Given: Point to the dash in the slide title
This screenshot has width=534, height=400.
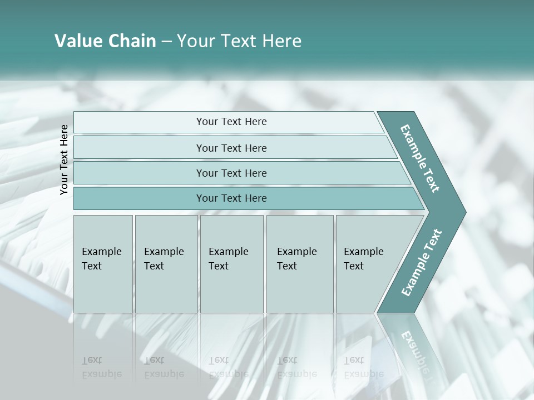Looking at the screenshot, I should [166, 42].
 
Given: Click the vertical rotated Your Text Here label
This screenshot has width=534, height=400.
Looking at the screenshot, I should [64, 159].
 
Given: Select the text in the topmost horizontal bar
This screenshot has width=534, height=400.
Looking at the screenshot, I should [231, 122].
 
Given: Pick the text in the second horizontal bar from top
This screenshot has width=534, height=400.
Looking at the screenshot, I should [231, 148].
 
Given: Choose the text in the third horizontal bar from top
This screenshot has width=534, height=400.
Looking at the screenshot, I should [231, 173].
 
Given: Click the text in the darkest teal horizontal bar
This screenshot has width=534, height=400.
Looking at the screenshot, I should [231, 198].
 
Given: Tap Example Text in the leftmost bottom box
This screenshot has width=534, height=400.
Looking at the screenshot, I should [101, 259].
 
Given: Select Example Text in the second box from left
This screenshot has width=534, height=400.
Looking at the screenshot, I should [164, 259].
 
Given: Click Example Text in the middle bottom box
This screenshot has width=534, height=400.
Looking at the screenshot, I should [228, 259].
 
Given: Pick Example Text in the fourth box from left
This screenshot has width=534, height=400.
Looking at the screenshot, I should [296, 259].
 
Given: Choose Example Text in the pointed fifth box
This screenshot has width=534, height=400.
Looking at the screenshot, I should [363, 259].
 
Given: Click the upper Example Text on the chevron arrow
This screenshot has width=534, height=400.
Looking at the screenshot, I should [420, 158].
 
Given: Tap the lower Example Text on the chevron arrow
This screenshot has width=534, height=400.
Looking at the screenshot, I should [422, 263].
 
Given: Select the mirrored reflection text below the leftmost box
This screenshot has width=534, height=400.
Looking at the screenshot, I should [101, 367].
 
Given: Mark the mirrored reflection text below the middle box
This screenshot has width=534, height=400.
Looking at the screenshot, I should [228, 367].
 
